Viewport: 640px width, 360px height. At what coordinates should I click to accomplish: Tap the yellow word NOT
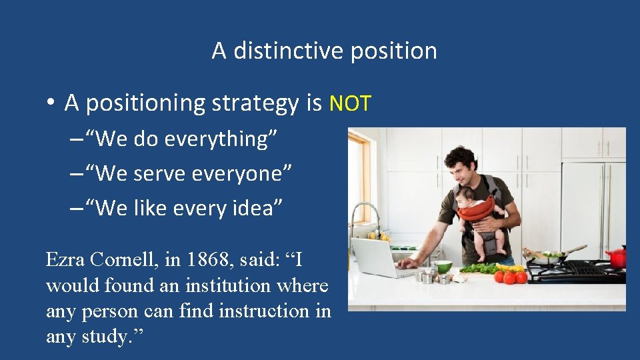click(350, 103)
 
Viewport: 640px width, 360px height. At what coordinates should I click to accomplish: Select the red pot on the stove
click(617, 257)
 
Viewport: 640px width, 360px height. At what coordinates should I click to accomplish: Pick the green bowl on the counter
click(443, 267)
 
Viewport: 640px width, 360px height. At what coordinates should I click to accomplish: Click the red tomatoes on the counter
click(510, 277)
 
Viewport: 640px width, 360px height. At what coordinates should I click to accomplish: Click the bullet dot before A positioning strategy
click(50, 104)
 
